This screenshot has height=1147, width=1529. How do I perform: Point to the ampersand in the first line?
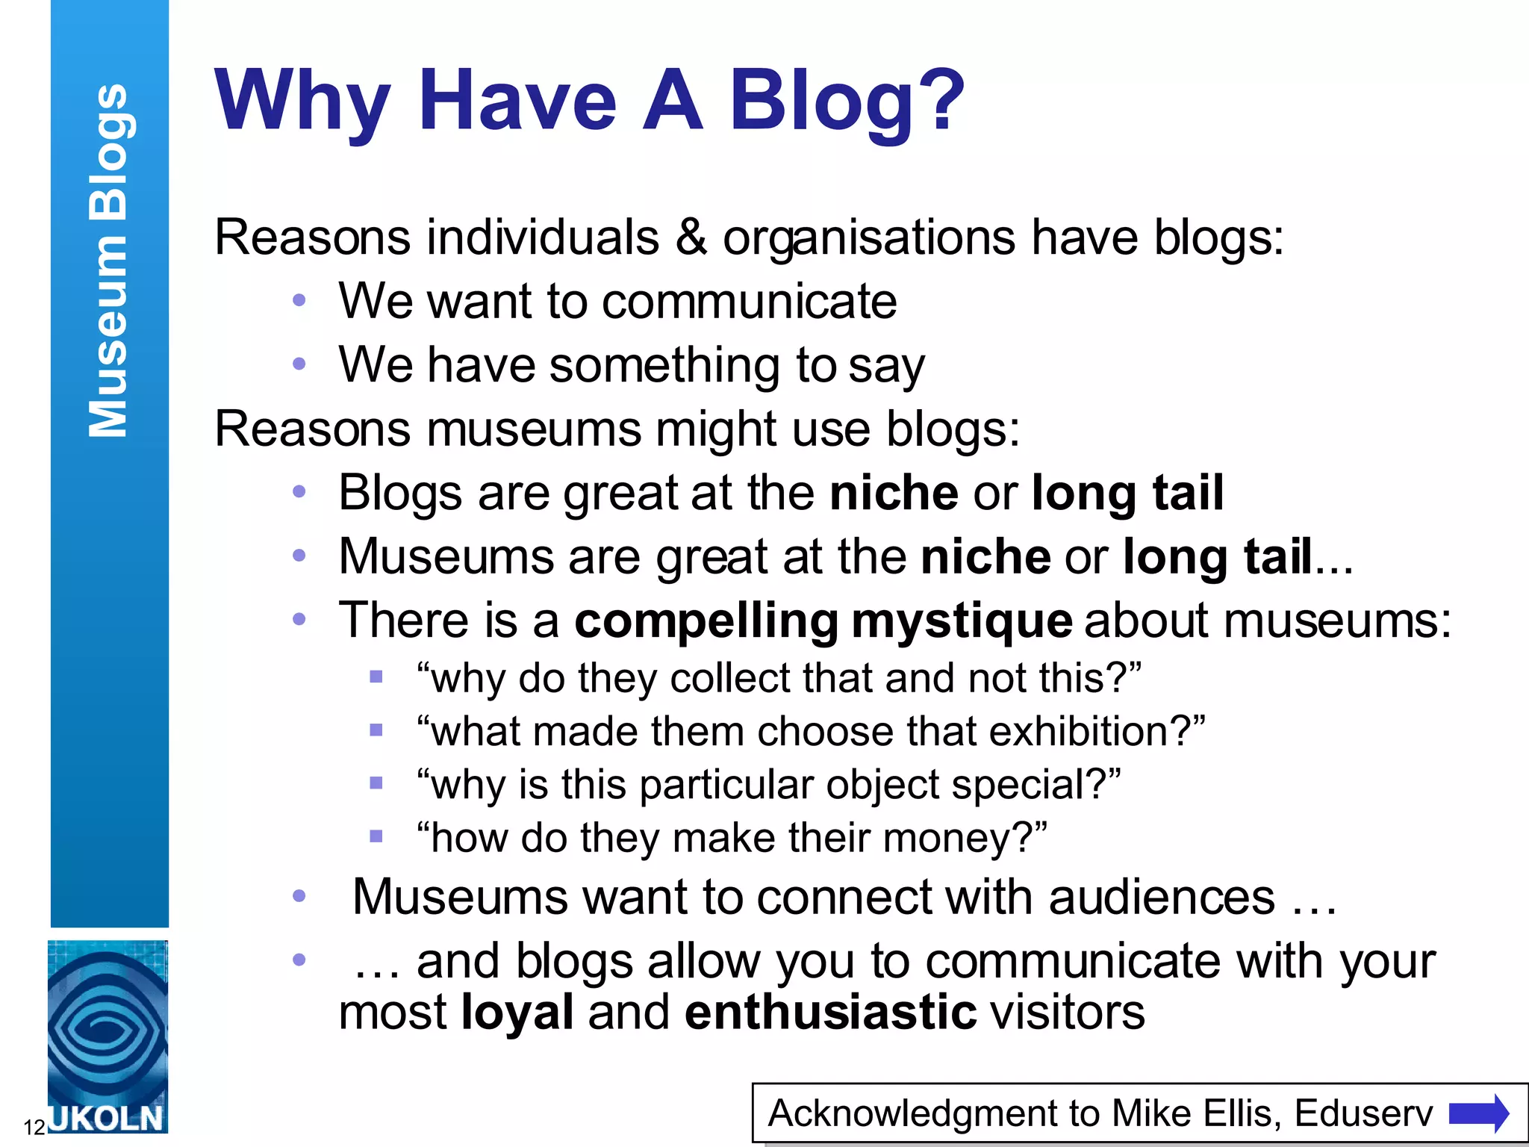click(691, 237)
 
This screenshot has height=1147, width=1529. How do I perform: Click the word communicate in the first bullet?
click(750, 302)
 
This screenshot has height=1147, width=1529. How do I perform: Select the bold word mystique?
click(962, 621)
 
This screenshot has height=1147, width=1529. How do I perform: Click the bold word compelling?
click(706, 621)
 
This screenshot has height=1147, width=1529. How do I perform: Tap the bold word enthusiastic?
click(830, 1013)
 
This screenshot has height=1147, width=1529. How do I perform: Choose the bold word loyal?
click(517, 1013)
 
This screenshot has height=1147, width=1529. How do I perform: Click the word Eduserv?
click(1363, 1113)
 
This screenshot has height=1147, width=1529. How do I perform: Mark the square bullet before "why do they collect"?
click(376, 677)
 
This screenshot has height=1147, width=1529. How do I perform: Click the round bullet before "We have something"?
click(299, 364)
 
